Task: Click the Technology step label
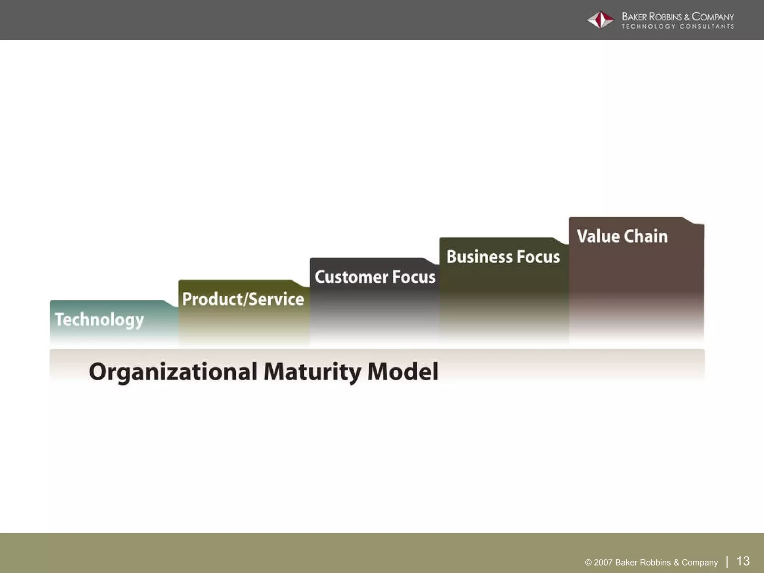click(99, 320)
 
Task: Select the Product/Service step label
click(243, 299)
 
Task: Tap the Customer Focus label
click(375, 277)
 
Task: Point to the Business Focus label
click(503, 257)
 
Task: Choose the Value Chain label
click(622, 236)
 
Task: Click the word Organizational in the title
click(173, 372)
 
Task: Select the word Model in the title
click(403, 372)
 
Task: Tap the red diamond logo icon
click(600, 20)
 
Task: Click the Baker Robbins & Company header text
click(677, 17)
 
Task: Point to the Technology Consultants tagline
click(677, 26)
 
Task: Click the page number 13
click(743, 561)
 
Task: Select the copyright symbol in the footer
click(588, 563)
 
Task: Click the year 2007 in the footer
click(603, 563)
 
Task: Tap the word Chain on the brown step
click(645, 236)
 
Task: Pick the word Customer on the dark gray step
click(351, 277)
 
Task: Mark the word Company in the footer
click(699, 563)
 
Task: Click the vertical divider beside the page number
click(727, 561)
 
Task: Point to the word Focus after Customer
click(414, 277)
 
